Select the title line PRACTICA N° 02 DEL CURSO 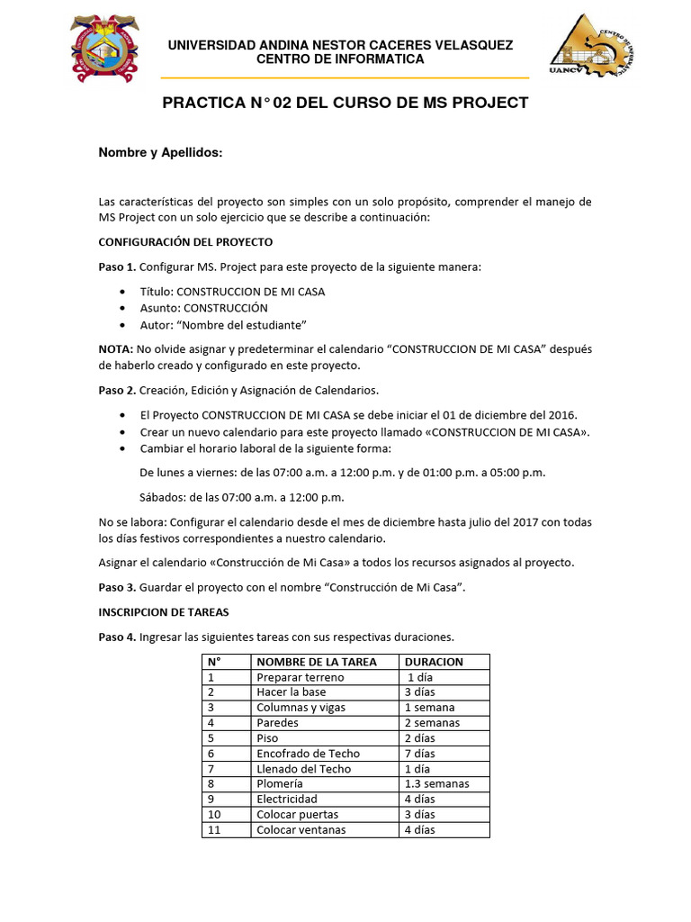[345, 103]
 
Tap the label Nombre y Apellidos [159, 153]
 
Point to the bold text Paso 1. [117, 267]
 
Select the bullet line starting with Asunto [203, 308]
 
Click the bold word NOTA [114, 348]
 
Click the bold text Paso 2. [117, 389]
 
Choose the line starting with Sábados [242, 497]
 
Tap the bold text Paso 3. [117, 587]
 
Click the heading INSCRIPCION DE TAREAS [163, 612]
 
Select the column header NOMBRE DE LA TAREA [317, 662]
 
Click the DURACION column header [434, 662]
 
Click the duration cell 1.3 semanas [436, 784]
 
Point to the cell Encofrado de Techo [308, 754]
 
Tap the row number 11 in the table [214, 830]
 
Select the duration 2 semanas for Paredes [432, 723]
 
